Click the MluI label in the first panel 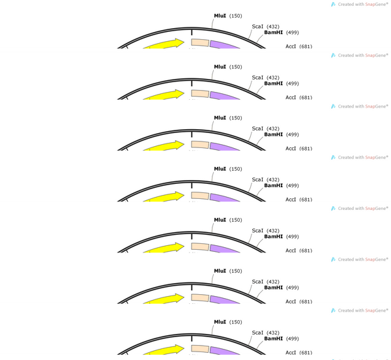pyautogui.click(x=220, y=16)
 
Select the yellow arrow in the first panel pyautogui.click(x=164, y=44)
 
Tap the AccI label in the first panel pyautogui.click(x=291, y=46)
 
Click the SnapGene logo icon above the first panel pyautogui.click(x=333, y=5)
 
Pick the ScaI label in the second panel pyautogui.click(x=257, y=78)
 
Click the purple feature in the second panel pyautogui.click(x=225, y=95)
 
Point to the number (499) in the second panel pyautogui.click(x=292, y=83)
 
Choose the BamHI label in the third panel pyautogui.click(x=274, y=134)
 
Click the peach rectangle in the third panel pyautogui.click(x=200, y=145)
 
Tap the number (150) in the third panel pyautogui.click(x=236, y=118)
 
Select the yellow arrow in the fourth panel pyautogui.click(x=164, y=197)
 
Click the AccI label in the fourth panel pyautogui.click(x=291, y=200)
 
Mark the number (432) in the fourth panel pyautogui.click(x=273, y=179)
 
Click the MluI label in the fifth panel pyautogui.click(x=220, y=220)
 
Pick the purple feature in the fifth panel pyautogui.click(x=225, y=248)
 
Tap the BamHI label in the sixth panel pyautogui.click(x=274, y=288)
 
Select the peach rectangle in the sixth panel pyautogui.click(x=200, y=298)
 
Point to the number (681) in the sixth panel pyautogui.click(x=306, y=301)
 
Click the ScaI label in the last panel pyautogui.click(x=257, y=333)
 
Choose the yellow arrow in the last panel pyautogui.click(x=164, y=350)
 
